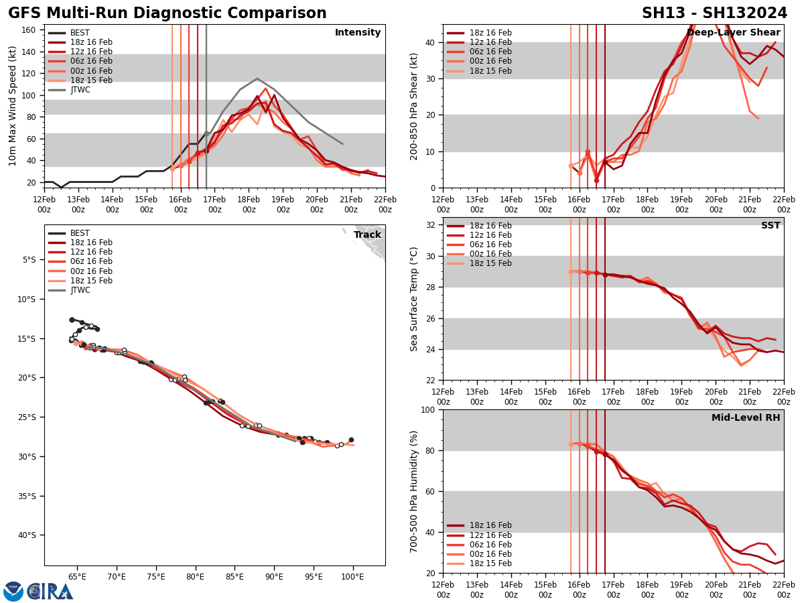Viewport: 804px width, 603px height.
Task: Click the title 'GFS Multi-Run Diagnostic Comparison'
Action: [167, 13]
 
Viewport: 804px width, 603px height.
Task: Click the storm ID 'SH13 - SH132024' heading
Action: [714, 13]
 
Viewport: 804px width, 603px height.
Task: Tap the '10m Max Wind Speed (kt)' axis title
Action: [12, 106]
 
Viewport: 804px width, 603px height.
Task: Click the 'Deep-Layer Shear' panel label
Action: [733, 33]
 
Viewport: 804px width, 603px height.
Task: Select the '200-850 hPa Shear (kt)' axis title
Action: [415, 106]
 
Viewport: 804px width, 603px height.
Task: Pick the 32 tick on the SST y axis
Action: [431, 225]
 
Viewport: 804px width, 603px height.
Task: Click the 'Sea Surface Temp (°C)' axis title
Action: [415, 299]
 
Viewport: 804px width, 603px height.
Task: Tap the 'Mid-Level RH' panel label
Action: [746, 418]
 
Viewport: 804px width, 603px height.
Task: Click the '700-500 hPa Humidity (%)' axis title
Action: [415, 491]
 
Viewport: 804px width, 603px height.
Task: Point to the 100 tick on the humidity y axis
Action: [429, 409]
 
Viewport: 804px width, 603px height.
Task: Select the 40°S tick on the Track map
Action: [27, 535]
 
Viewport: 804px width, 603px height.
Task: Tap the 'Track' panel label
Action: [367, 235]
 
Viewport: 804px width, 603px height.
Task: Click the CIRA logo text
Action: [50, 591]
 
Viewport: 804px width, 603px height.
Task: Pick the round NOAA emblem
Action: [13, 591]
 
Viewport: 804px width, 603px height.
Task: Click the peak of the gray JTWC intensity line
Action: [257, 78]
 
